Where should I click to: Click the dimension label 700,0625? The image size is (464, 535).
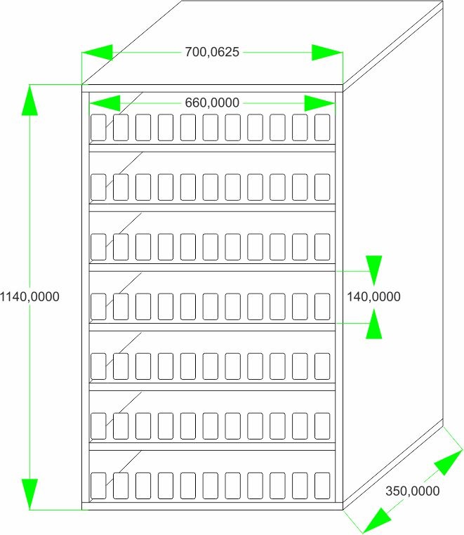coord(212,52)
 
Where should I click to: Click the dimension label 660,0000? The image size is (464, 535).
coord(212,103)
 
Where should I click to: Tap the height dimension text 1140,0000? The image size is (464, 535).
coord(29,296)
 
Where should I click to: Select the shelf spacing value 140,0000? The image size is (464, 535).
coord(373,296)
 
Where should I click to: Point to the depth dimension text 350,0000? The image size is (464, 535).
coord(413,491)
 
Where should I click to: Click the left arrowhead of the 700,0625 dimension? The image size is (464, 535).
coord(98,53)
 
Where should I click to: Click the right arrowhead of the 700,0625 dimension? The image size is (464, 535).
coord(327,53)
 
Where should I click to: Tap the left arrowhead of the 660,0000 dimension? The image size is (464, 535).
coord(105,103)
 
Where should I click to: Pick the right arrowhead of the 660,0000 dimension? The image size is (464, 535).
coord(319,103)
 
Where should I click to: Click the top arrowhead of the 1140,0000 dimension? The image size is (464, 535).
coord(29,100)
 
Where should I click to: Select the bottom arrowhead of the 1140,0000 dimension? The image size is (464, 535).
coord(29,494)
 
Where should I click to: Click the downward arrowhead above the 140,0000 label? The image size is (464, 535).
coord(374,270)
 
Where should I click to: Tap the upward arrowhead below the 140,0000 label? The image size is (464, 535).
coord(374,324)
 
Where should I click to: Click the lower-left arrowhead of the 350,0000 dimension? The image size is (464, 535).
coord(376,521)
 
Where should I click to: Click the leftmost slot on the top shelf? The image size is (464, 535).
coord(98,127)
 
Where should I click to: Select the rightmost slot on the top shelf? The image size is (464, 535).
coord(322,127)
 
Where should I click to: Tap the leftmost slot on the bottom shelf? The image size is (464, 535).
coord(98,486)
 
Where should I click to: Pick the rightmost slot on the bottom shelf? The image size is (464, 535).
coord(322,486)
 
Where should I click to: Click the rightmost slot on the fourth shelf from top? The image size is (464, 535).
coord(322,306)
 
